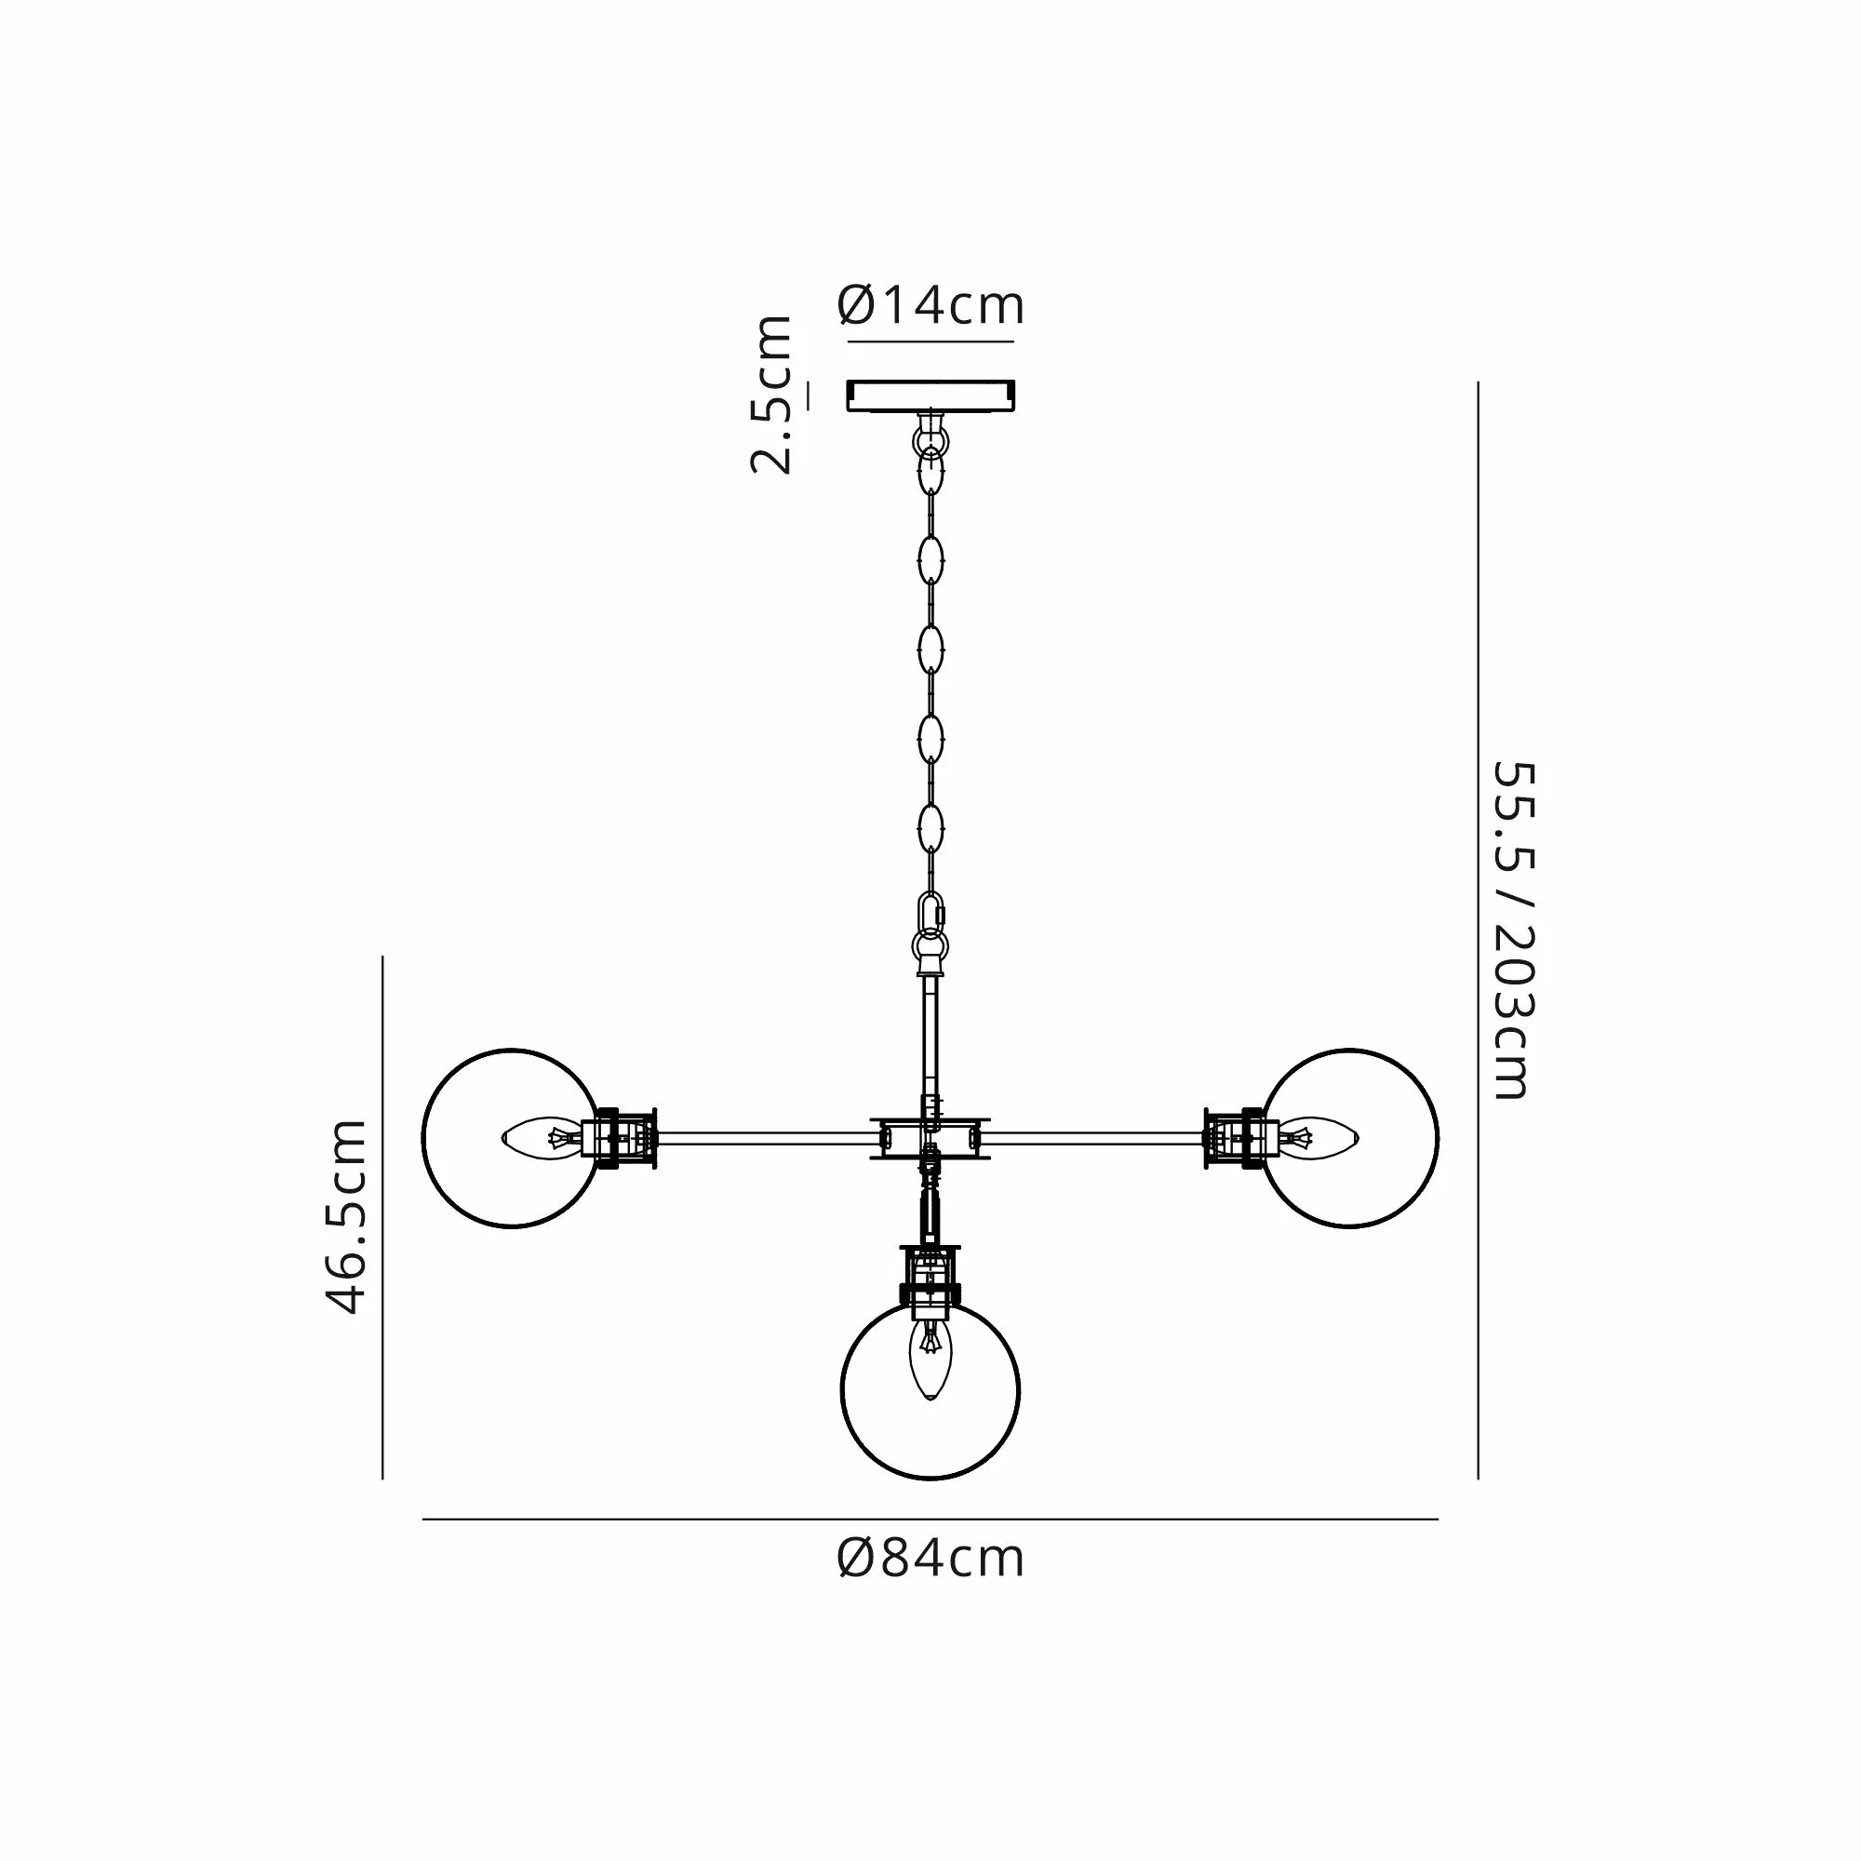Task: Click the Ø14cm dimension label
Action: click(930, 305)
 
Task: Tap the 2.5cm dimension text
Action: click(770, 395)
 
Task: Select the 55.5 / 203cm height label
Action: click(1512, 930)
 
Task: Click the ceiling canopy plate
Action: click(930, 395)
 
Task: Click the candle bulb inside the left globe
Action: click(542, 1139)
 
